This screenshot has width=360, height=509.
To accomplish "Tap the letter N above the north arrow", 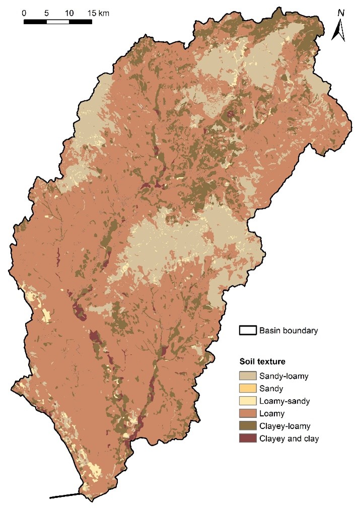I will pos(341,13).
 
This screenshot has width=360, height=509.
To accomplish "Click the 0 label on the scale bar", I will pos(24,12).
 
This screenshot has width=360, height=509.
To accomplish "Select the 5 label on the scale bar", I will pos(46,12).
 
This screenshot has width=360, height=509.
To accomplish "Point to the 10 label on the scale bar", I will pos(69,12).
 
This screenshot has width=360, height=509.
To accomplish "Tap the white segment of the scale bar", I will pos(58,21).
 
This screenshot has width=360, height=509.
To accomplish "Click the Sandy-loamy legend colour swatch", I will pos(247,375).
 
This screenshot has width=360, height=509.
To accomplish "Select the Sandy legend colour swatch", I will pos(247,388).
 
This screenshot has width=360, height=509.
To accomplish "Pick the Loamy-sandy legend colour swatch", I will pos(247,401).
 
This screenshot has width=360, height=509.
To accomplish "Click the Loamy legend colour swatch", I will pos(247,413).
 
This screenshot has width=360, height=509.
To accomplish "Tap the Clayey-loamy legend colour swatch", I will pos(247,426).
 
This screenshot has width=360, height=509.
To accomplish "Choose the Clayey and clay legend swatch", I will pos(247,438).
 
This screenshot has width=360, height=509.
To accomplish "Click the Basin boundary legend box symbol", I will pos(247,331).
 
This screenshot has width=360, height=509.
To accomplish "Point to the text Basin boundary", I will pos(289,331).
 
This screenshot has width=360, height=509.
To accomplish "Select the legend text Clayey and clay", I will pos(289,438).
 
